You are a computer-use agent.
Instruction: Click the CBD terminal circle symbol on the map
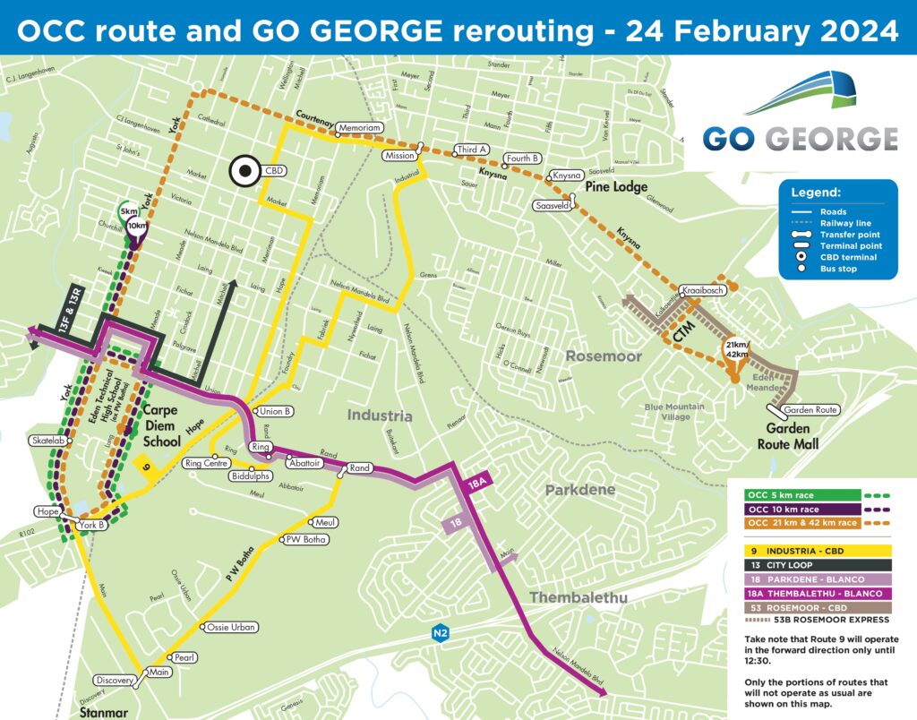click(x=243, y=170)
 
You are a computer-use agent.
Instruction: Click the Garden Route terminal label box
click(x=809, y=410)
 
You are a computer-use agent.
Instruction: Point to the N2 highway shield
click(x=439, y=631)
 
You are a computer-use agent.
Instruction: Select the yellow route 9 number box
click(x=145, y=467)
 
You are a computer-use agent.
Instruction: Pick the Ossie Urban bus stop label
click(x=231, y=627)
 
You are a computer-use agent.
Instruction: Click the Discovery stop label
click(x=113, y=681)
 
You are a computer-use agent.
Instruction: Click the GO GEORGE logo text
click(x=800, y=138)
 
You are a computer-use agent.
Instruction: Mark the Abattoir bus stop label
click(x=306, y=463)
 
